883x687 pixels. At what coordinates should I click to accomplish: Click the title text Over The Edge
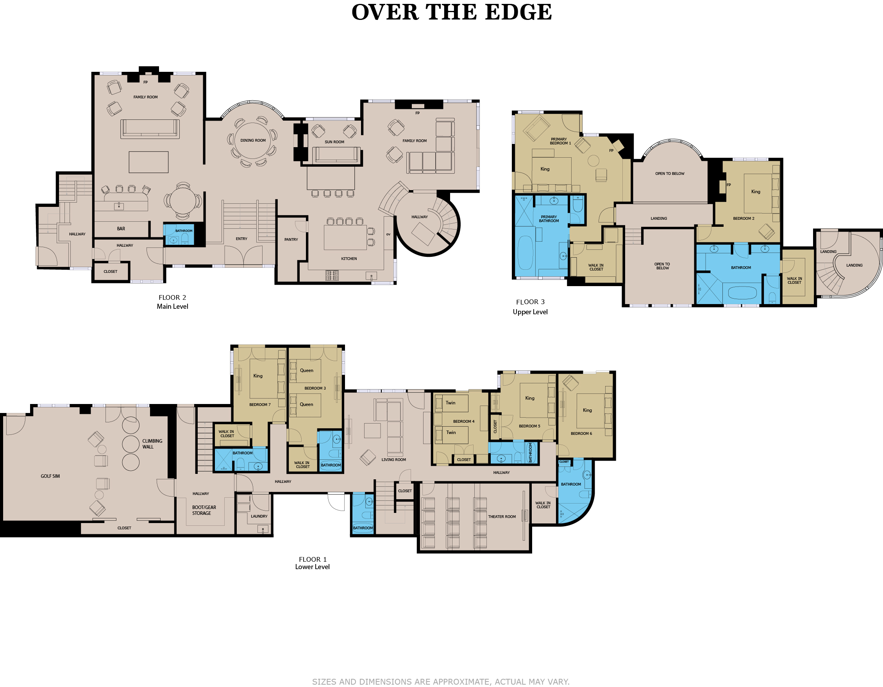[451, 12]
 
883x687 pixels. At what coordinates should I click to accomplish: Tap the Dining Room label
[253, 141]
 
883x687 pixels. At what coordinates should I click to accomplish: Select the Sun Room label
[334, 142]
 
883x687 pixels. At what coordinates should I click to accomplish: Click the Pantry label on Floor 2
[291, 240]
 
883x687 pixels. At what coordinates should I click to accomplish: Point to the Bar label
[121, 229]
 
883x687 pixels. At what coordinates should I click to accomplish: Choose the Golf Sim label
[50, 476]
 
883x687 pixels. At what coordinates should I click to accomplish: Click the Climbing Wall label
[152, 444]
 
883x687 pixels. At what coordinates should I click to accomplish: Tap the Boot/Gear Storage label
[204, 510]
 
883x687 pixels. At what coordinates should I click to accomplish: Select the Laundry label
[259, 516]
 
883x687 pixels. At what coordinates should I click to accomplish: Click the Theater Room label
[502, 516]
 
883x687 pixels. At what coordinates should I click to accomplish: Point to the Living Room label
[394, 459]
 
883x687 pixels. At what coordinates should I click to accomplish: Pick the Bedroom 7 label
[260, 405]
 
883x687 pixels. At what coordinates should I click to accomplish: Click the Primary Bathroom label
[549, 219]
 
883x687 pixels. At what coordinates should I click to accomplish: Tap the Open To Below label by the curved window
[670, 174]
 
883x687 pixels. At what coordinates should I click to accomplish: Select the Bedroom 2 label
[744, 219]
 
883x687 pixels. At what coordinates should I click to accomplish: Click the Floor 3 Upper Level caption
[530, 307]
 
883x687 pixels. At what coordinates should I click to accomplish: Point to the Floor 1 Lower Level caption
[313, 563]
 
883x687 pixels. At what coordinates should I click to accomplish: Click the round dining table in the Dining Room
[253, 141]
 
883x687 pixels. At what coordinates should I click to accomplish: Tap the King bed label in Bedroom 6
[588, 410]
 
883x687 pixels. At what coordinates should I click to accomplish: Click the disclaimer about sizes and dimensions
[441, 682]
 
